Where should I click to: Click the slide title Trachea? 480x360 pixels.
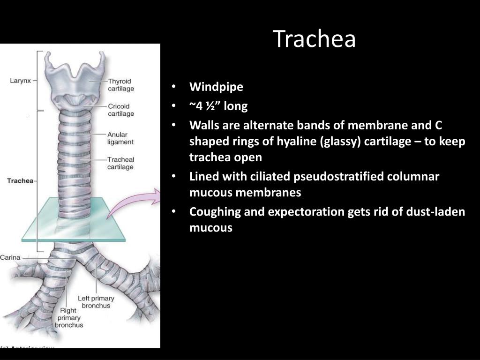[x=315, y=39]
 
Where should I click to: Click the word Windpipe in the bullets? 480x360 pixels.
[x=216, y=87]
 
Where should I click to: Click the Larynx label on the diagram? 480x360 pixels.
[x=20, y=81]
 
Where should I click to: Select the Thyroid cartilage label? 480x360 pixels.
[x=121, y=85]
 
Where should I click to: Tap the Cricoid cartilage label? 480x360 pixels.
[x=121, y=110]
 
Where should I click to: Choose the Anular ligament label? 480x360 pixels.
[x=120, y=138]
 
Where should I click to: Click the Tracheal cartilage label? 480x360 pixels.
[x=120, y=163]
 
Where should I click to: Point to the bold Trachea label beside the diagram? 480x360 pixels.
[x=20, y=180]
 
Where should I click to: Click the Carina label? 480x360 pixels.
[x=10, y=257]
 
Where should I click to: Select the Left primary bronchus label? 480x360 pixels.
[x=96, y=302]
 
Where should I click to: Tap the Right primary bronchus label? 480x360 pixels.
[x=68, y=317]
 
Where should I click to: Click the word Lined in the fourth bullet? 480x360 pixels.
[x=202, y=177]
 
